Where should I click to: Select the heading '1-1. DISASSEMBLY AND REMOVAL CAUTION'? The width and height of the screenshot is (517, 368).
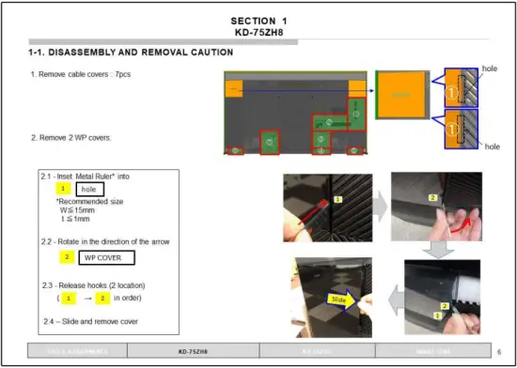tap(131, 53)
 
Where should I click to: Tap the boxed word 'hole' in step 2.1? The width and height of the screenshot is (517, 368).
tap(88, 189)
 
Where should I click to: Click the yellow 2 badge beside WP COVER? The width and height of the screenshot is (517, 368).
tap(68, 256)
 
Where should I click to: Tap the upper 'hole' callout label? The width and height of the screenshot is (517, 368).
tap(489, 69)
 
